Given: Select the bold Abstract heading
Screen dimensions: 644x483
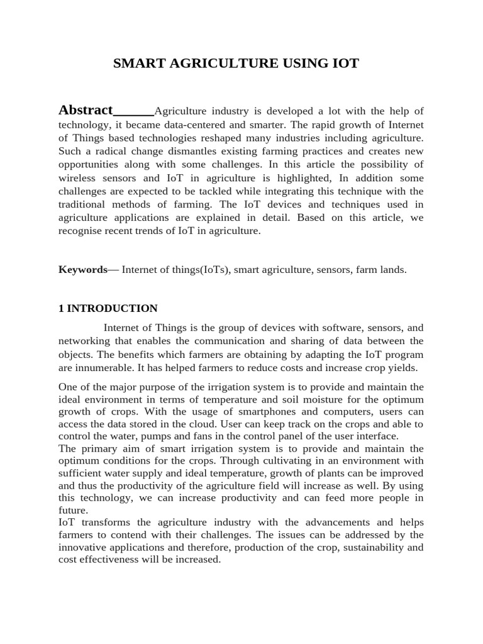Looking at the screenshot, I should click(86, 111).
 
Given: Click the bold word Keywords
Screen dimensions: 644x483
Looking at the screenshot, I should click(83, 270).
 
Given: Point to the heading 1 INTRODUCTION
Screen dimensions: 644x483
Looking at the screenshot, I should click(108, 308).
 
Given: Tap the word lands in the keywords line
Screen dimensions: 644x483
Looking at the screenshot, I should click(392, 270).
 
